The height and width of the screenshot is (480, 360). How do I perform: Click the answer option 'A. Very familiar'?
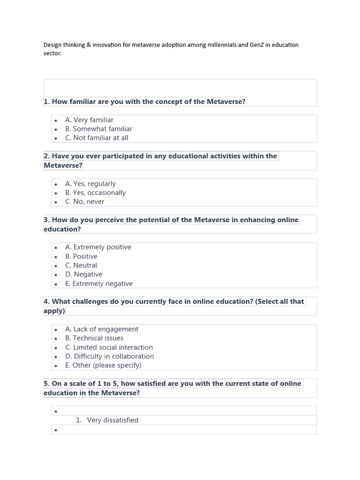pyautogui.click(x=89, y=120)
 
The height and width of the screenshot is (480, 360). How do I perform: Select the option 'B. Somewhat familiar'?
pyautogui.click(x=98, y=129)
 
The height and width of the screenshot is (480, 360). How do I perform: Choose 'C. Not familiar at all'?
pyautogui.click(x=97, y=138)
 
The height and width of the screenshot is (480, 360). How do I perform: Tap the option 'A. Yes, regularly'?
pyautogui.click(x=90, y=184)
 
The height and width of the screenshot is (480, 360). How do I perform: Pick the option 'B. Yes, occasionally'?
pyautogui.click(x=96, y=193)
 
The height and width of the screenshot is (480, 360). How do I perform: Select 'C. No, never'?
pyautogui.click(x=85, y=202)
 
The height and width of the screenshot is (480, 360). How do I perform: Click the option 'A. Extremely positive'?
pyautogui.click(x=98, y=247)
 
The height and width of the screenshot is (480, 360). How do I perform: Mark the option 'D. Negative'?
pyautogui.click(x=84, y=274)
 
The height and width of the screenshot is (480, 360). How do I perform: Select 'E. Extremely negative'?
pyautogui.click(x=99, y=284)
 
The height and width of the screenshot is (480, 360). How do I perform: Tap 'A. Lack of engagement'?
pyautogui.click(x=102, y=329)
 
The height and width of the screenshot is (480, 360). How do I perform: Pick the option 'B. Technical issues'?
pyautogui.click(x=94, y=338)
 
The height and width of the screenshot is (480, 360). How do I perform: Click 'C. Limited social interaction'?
pyautogui.click(x=109, y=347)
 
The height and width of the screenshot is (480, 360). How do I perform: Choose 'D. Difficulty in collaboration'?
pyautogui.click(x=110, y=356)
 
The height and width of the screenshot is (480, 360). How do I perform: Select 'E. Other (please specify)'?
pyautogui.click(x=103, y=365)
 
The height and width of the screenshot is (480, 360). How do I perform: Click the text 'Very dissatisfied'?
pyautogui.click(x=112, y=420)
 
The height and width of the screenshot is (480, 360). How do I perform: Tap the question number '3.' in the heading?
pyautogui.click(x=47, y=220)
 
